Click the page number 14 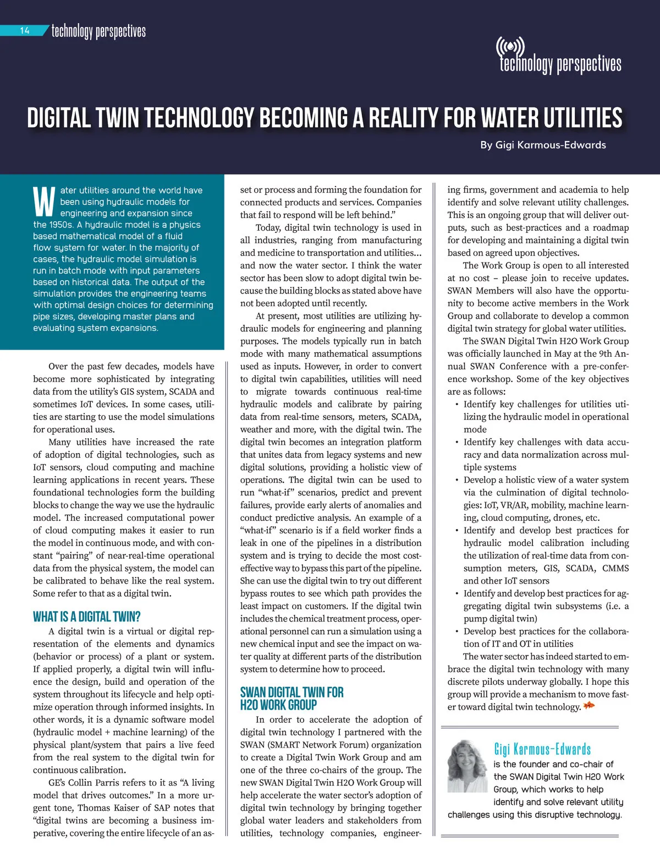tap(25, 31)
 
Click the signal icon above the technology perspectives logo tap(510, 47)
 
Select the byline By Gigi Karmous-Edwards tap(543, 145)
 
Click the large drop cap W tap(44, 202)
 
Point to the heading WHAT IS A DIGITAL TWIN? tap(86, 617)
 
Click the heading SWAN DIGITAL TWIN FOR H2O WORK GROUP tap(291, 699)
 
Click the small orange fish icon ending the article tap(589, 706)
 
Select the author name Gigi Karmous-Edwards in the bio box tap(542, 749)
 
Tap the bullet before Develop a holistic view tap(457, 480)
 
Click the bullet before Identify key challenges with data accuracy tap(457, 442)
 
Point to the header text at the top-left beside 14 tap(98, 31)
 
